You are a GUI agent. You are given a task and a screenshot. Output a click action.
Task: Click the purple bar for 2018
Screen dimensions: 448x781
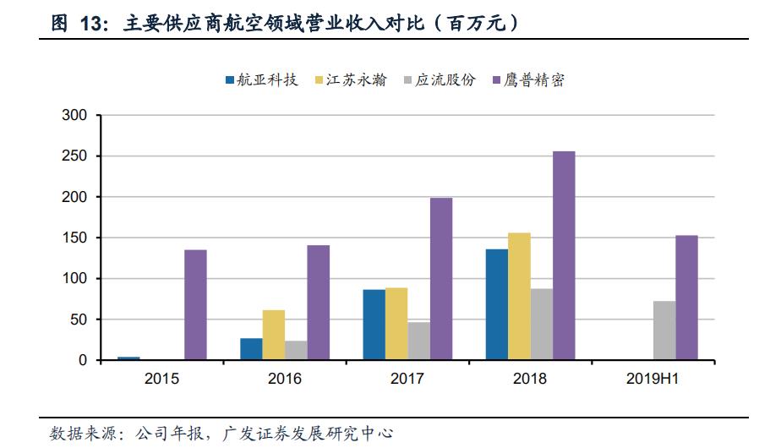[x=564, y=255]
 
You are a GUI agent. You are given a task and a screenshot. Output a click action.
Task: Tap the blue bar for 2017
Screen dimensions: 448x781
[x=374, y=325]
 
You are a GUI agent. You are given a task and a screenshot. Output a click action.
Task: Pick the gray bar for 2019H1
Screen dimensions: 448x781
[x=664, y=331]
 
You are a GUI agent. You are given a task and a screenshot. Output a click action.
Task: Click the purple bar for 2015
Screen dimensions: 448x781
[x=195, y=304]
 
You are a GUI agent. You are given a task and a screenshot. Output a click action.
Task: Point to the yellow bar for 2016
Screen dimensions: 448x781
[x=274, y=335]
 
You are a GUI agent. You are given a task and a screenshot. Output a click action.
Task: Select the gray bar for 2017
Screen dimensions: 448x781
[x=418, y=341]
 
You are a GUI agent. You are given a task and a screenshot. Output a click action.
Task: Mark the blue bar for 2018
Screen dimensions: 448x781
[x=497, y=304]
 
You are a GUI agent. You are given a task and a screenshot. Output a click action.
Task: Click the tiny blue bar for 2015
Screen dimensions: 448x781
[x=128, y=358]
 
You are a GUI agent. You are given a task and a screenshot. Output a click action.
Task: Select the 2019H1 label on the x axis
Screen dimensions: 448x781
[x=653, y=379]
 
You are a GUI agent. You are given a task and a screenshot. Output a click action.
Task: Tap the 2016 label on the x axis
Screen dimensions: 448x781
[x=285, y=379]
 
